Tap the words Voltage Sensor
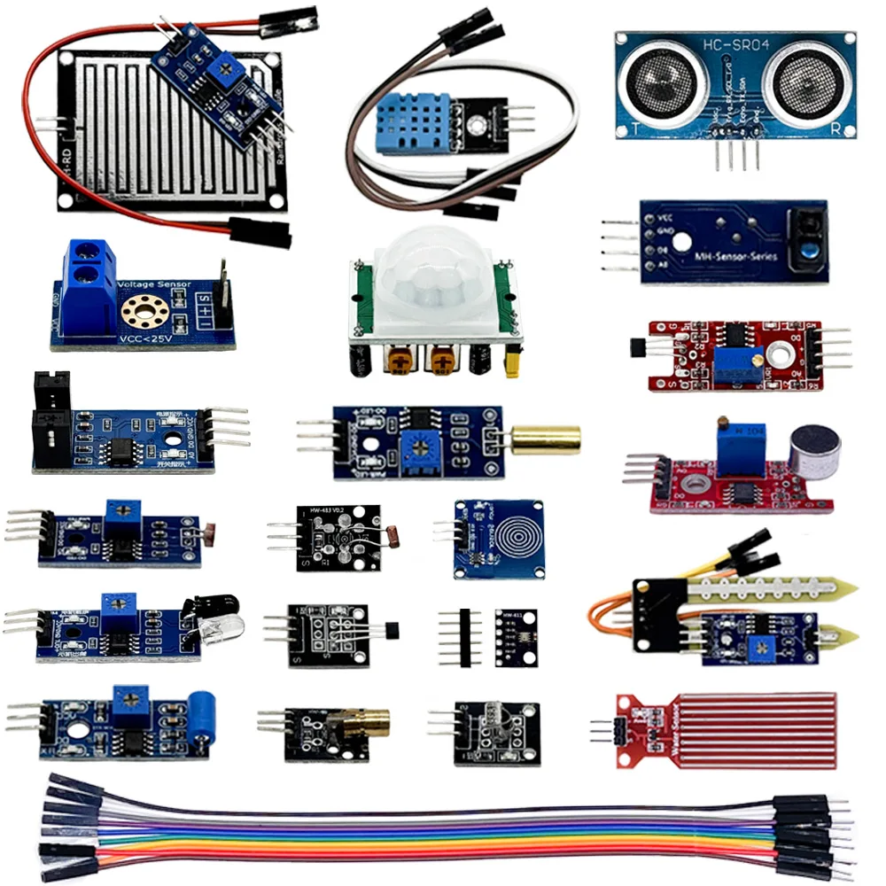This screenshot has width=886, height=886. click(155, 285)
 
